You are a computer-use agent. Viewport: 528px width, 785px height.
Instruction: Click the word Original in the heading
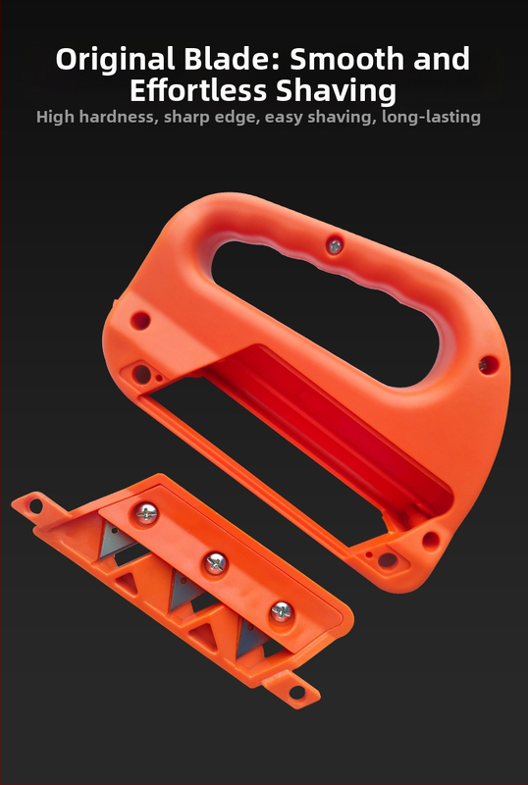click(115, 59)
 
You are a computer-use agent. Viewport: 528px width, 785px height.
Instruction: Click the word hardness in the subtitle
click(119, 117)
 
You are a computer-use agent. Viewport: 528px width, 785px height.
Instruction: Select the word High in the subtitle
click(55, 118)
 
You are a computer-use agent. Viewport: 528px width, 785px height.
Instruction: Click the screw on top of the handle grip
click(335, 246)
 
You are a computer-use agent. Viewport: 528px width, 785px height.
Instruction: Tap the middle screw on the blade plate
click(216, 563)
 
